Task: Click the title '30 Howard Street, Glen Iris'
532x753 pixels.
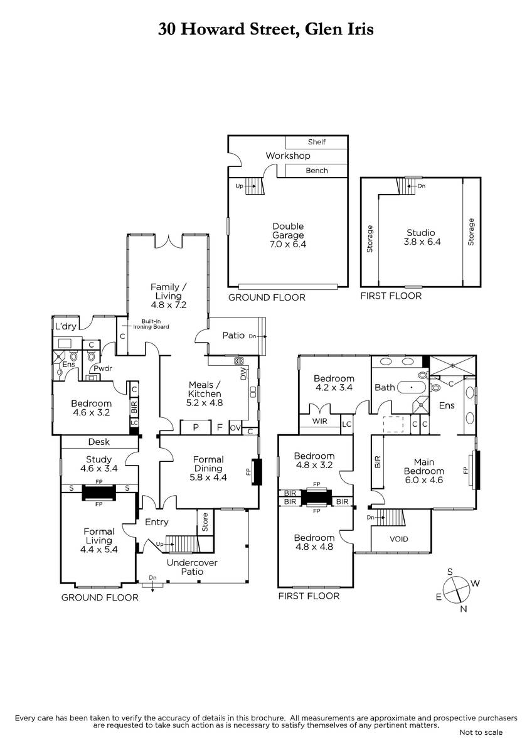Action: pos(265,29)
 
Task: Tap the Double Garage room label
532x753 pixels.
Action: pos(288,235)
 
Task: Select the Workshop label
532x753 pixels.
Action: pos(288,156)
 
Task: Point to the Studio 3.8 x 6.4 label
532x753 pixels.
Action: pos(422,237)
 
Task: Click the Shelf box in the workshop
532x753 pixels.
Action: pos(317,142)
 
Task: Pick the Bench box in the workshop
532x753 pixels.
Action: pos(317,171)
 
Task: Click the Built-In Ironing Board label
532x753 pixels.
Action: pos(151,324)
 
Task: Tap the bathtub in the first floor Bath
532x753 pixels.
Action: pos(412,387)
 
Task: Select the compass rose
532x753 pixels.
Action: pos(456,589)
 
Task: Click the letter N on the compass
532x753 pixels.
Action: pos(464,609)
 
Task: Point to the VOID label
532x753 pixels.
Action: pos(399,539)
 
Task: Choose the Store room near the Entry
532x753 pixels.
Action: pos(205,522)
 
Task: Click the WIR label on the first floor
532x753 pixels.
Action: pos(319,421)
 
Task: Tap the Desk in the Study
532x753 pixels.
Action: pos(99,442)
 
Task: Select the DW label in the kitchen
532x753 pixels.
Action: pos(243,375)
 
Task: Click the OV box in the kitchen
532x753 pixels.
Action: pos(235,427)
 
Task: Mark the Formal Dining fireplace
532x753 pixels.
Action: pos(257,471)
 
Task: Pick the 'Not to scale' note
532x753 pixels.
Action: pos(481,732)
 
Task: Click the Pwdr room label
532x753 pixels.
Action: pos(102,368)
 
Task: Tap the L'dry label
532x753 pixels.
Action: pos(66,326)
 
